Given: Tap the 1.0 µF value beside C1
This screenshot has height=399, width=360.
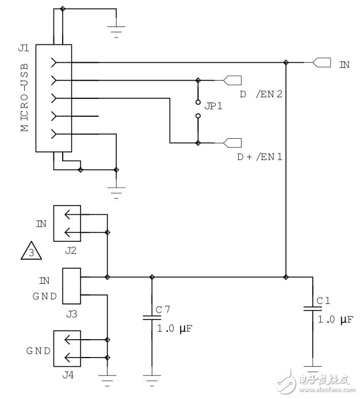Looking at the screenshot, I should pyautogui.click(x=335, y=319).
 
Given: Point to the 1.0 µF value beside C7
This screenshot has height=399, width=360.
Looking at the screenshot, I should pyautogui.click(x=175, y=328).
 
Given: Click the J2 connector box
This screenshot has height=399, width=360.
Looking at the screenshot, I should pyautogui.click(x=69, y=223).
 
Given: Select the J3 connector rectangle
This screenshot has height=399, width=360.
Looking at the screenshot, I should pyautogui.click(x=71, y=286).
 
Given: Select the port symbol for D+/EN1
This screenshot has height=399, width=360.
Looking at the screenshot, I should pyautogui.click(x=232, y=142).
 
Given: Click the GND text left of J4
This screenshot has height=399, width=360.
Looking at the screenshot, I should pyautogui.click(x=38, y=351).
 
